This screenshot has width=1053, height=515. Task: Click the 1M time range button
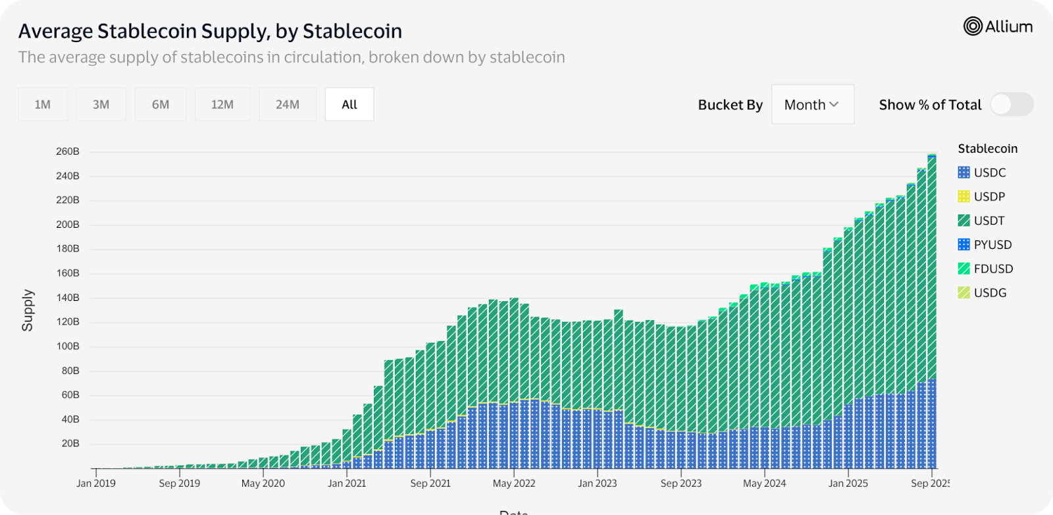tap(43, 104)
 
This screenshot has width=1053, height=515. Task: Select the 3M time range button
tap(101, 104)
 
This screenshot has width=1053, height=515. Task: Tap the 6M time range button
tap(161, 104)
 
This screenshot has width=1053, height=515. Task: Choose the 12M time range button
tap(222, 104)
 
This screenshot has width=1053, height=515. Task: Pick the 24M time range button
tap(288, 104)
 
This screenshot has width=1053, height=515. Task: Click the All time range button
tap(349, 104)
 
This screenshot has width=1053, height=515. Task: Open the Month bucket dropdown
tap(812, 105)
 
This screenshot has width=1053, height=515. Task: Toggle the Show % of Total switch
tap(1012, 104)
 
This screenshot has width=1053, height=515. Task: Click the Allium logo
tap(998, 26)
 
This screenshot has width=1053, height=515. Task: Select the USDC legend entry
tap(982, 173)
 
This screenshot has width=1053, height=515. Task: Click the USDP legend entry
tap(982, 196)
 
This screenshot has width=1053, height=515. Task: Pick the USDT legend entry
tap(982, 221)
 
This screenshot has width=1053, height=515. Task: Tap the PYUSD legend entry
tap(985, 245)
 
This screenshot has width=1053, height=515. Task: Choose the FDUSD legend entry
tap(985, 269)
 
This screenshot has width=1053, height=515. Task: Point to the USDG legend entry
tap(982, 293)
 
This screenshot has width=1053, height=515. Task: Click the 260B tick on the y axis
tap(68, 151)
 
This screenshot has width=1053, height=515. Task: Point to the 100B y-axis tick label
tap(68, 346)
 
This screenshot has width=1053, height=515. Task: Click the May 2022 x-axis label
tap(514, 483)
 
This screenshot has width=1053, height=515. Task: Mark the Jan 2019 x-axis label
tap(96, 483)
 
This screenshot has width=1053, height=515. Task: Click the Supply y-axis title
tap(28, 310)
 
